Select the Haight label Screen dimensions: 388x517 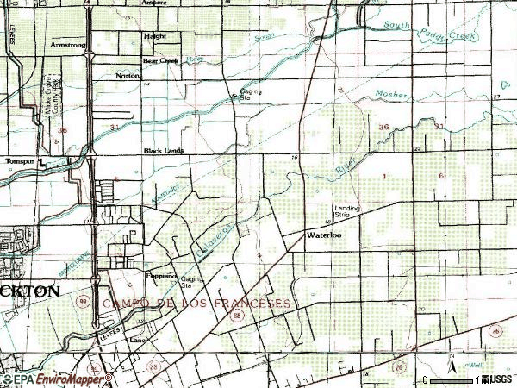[154, 36]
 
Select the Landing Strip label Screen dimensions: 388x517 [347, 211]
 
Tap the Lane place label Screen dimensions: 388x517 [136, 339]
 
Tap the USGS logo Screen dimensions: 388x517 [498, 379]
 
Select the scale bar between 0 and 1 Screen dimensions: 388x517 [452, 380]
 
